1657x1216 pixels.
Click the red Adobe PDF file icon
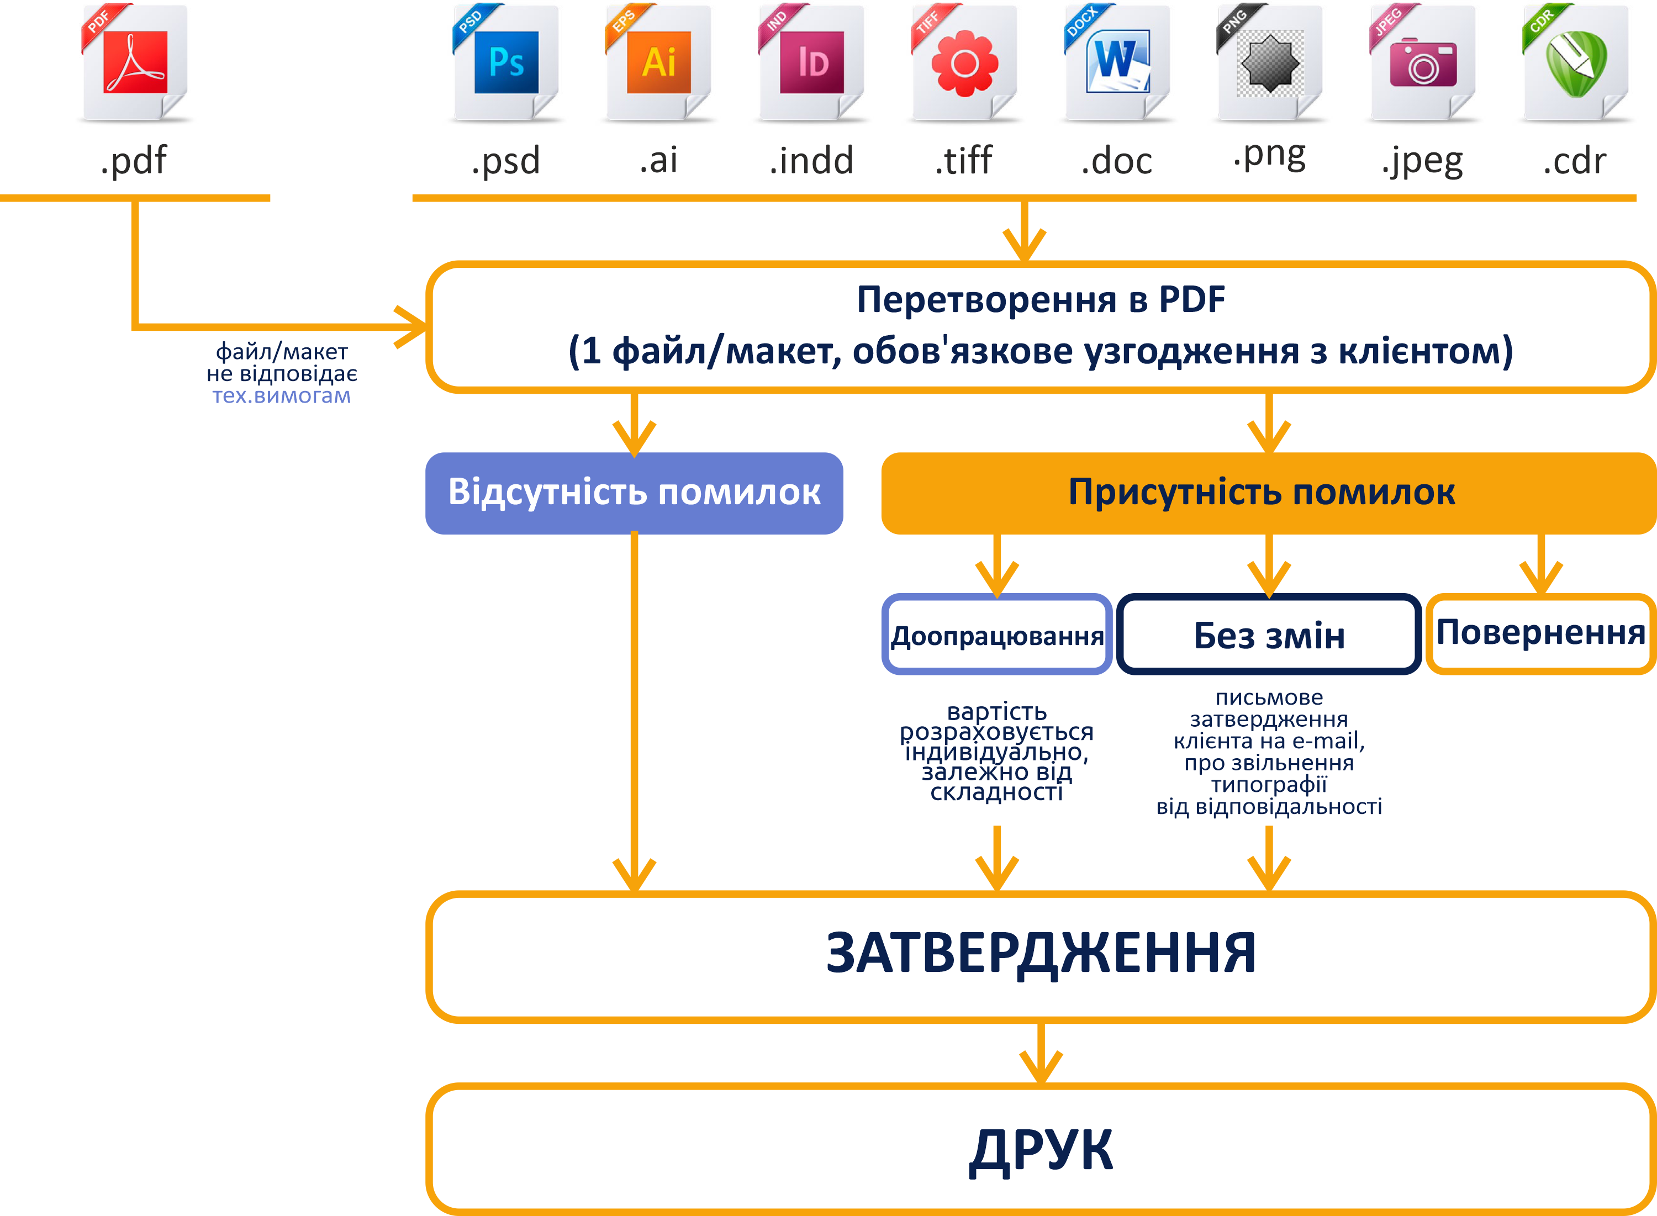(135, 62)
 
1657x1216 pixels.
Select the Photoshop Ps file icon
(506, 62)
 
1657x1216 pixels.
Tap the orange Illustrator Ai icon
(659, 62)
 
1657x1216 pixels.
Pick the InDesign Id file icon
(812, 62)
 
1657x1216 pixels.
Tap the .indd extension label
(812, 161)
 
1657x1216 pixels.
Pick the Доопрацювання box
(997, 635)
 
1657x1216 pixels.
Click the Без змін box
(1269, 635)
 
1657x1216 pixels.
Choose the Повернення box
(1540, 633)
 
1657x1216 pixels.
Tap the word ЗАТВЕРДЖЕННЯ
(1041, 954)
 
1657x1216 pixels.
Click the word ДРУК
(1041, 1150)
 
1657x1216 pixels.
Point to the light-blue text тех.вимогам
(281, 396)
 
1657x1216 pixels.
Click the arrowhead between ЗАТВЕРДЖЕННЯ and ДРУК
(1041, 1066)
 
